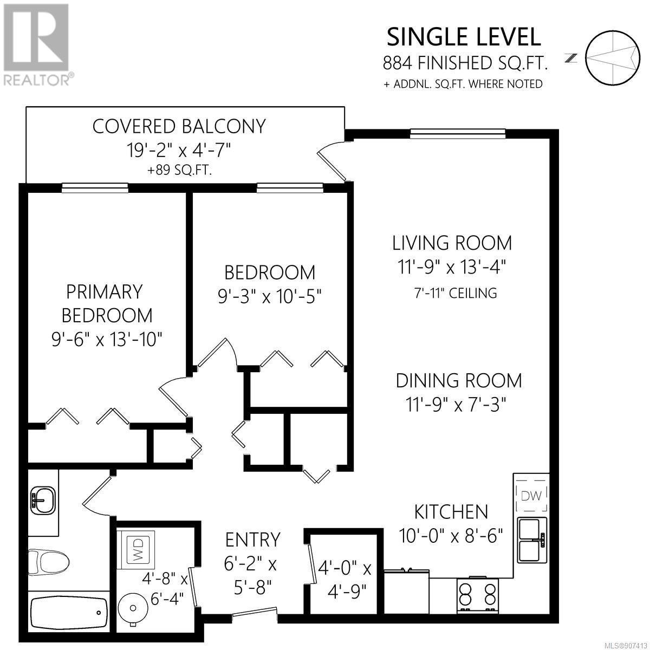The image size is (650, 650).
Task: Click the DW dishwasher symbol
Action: point(531,495)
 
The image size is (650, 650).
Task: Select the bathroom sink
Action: point(43,500)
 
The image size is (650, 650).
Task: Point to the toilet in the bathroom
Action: point(49,562)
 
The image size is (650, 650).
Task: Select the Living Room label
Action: point(452,243)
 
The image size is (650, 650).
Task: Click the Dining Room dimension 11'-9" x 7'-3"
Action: point(456,405)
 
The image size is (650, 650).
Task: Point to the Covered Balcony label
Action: point(179,127)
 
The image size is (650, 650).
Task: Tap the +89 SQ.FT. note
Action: point(179,170)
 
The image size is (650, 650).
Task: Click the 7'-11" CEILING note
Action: point(456,293)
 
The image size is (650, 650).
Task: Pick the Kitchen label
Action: point(451,512)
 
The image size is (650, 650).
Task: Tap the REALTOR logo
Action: point(36,44)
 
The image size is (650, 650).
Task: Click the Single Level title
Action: point(464,37)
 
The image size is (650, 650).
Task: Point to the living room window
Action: point(458,134)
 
